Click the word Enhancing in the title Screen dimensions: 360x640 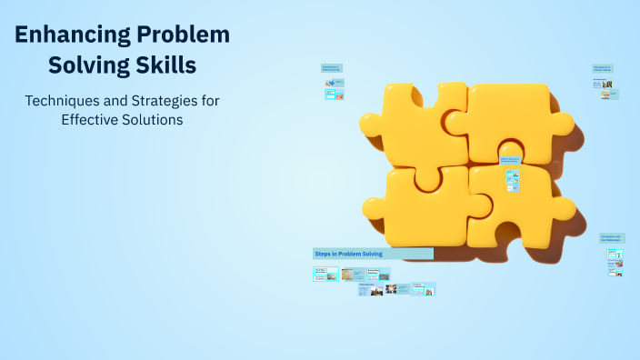coord(72,36)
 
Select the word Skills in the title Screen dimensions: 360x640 coord(164,66)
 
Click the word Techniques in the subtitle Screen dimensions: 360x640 coord(64,99)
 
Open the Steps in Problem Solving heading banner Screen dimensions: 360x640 coord(373,253)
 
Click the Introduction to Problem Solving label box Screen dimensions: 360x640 coord(331,68)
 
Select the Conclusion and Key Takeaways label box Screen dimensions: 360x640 coord(610,238)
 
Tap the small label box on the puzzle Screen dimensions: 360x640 coord(510,160)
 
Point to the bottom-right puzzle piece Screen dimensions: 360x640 coord(518,209)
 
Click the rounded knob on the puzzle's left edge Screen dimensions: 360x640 coord(371,124)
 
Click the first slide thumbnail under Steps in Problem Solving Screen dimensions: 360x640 coord(325,273)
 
